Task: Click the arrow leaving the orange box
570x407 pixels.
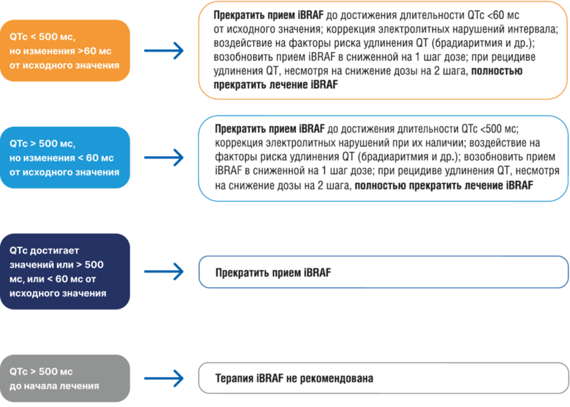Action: coord(164,51)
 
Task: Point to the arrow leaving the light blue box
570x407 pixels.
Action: coord(164,157)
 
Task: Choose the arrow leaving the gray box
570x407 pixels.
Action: coord(164,379)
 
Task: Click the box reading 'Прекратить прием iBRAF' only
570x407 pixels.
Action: coord(382,273)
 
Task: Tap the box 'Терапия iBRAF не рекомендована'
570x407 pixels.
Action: coord(382,379)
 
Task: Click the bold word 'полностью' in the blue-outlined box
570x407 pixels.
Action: coord(380,185)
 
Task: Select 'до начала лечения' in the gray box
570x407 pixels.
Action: coord(54,386)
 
